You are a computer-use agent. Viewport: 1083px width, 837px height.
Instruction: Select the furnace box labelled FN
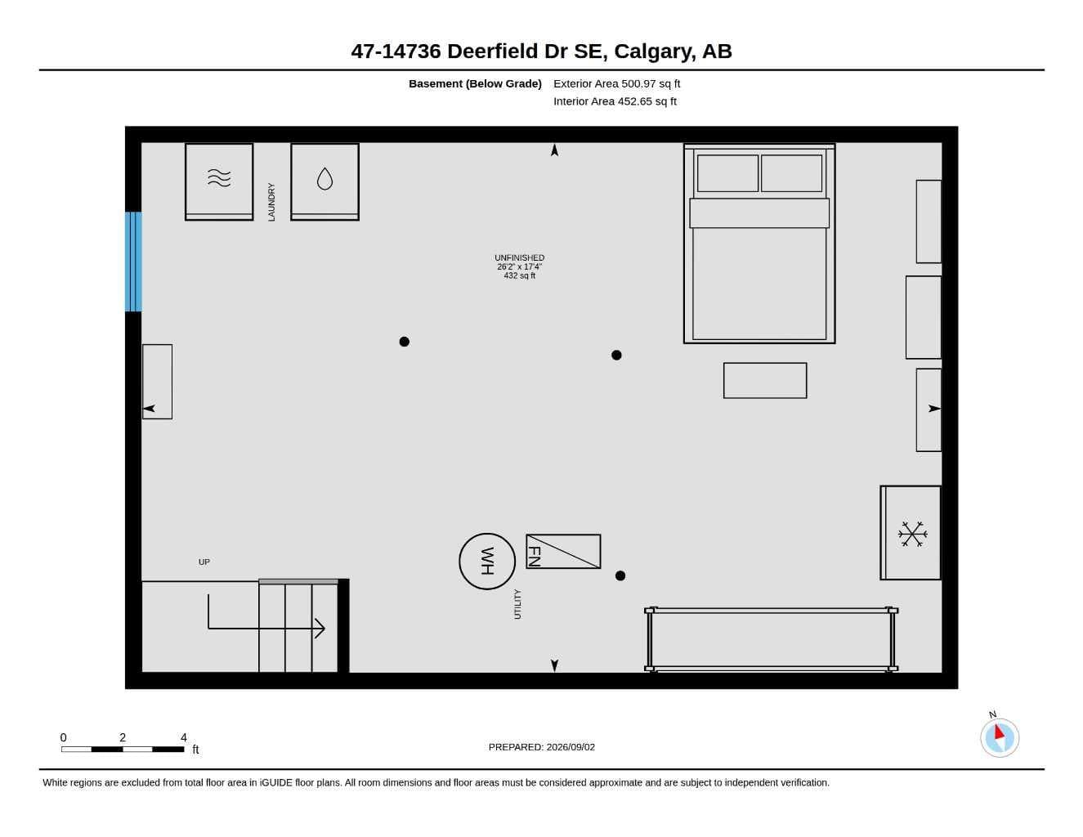pos(563,551)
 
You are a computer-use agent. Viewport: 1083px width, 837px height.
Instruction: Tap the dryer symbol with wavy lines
pos(219,178)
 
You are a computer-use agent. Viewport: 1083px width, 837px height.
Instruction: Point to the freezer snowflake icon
pos(912,534)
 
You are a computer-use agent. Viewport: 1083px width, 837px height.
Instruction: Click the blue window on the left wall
pos(133,262)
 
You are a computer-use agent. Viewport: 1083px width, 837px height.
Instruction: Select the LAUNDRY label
pos(271,202)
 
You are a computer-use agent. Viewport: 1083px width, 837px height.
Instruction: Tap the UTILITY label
pos(517,604)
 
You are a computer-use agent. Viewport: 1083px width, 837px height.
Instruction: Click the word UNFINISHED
pos(519,257)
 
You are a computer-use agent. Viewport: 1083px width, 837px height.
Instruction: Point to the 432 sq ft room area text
pos(519,275)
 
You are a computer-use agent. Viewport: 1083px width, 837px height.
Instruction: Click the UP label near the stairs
pos(204,562)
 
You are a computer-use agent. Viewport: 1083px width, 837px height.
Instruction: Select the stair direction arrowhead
pos(320,629)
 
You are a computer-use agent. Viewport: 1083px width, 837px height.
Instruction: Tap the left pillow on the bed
pos(727,173)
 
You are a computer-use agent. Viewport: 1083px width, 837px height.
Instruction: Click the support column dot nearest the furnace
pos(620,575)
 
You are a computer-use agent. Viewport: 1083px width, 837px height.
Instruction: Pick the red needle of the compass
pos(999,732)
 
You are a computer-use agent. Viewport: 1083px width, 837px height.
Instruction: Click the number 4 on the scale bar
pos(183,737)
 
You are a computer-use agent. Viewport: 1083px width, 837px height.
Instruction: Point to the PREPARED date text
pos(541,747)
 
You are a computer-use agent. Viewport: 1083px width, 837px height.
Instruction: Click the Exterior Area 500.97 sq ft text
pos(616,83)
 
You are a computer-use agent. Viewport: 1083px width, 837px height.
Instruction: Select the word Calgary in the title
pos(655,51)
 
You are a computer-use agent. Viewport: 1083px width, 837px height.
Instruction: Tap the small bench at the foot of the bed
pos(765,380)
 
